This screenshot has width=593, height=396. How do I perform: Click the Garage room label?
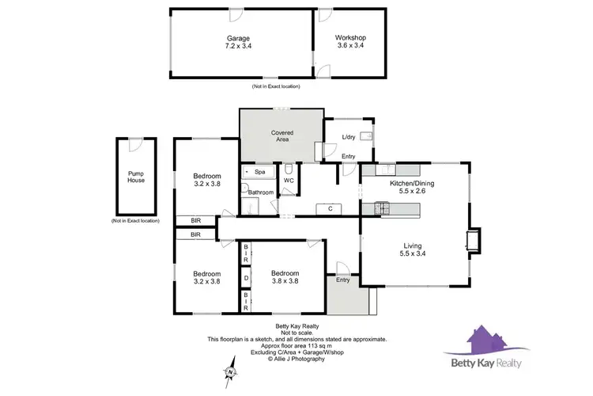pyautogui.click(x=238, y=37)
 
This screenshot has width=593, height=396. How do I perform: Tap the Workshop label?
pyautogui.click(x=349, y=37)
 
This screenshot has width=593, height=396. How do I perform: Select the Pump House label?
pyautogui.click(x=136, y=176)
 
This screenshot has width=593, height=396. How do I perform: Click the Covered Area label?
pyautogui.click(x=282, y=135)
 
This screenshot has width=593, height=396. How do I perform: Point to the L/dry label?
pyautogui.click(x=349, y=138)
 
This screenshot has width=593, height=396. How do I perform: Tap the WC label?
pyautogui.click(x=289, y=180)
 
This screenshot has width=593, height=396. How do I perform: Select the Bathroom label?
pyautogui.click(x=261, y=192)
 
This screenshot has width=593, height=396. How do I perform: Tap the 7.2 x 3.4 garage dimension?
pyautogui.click(x=238, y=46)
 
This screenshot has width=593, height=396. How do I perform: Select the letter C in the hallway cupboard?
pyautogui.click(x=328, y=208)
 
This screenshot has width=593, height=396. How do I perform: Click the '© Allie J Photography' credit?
pyautogui.click(x=296, y=360)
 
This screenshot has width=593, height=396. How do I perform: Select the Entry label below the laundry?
pyautogui.click(x=348, y=156)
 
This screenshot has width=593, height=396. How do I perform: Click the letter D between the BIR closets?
pyautogui.click(x=246, y=278)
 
